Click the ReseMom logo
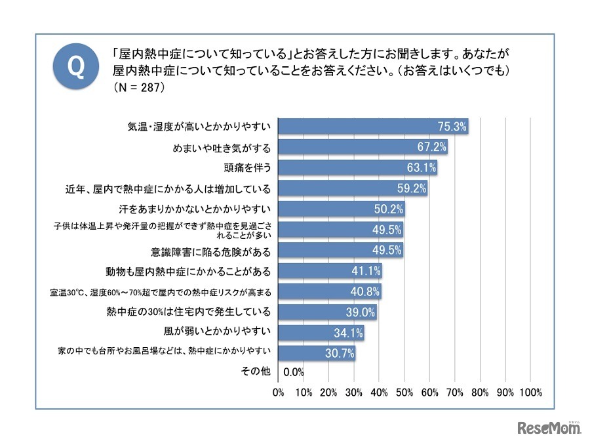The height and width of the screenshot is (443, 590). (549, 428)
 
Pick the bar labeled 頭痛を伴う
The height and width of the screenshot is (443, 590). (357, 168)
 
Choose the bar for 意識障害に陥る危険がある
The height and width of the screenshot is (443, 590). (340, 250)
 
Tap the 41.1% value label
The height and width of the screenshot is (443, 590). (365, 270)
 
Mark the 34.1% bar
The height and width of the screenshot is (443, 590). (321, 332)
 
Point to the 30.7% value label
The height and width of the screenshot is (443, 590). (339, 352)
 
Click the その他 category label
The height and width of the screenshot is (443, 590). (256, 372)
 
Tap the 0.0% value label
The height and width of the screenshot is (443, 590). (293, 373)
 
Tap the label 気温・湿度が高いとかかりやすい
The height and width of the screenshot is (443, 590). (199, 127)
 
